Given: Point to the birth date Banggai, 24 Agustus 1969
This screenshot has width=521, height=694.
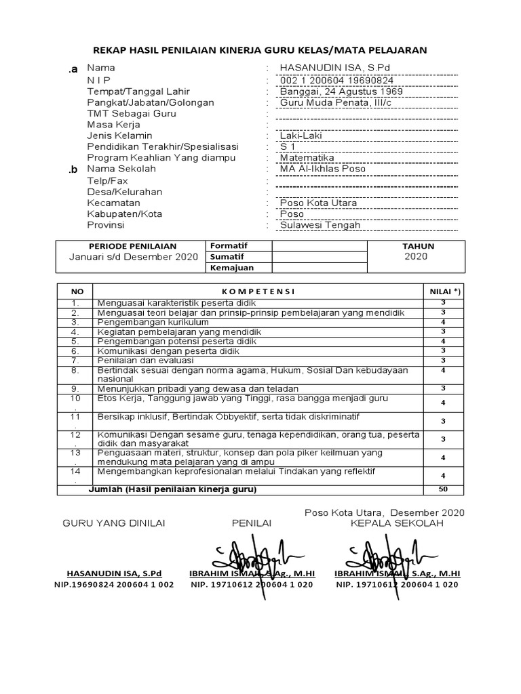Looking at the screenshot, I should (341, 91).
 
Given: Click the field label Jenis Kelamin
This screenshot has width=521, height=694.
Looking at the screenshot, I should (119, 136).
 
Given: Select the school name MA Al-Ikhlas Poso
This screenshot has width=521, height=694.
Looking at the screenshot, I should (322, 169).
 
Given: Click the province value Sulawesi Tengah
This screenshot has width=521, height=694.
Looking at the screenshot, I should (321, 225).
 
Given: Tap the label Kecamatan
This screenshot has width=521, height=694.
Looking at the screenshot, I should (113, 203).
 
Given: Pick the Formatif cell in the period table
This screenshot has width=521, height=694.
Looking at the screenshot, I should (229, 245).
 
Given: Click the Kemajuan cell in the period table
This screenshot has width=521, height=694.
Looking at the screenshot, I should (232, 268).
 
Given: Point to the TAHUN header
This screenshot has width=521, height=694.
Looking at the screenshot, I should (418, 246).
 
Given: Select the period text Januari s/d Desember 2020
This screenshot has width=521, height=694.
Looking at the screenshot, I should (134, 258).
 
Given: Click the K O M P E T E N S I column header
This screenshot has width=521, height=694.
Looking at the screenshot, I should (258, 291).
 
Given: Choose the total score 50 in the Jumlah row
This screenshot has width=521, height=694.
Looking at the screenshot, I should (442, 489).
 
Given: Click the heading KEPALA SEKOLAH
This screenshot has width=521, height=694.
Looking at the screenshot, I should (397, 523).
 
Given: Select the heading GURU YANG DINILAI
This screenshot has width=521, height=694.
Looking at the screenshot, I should (114, 523).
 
